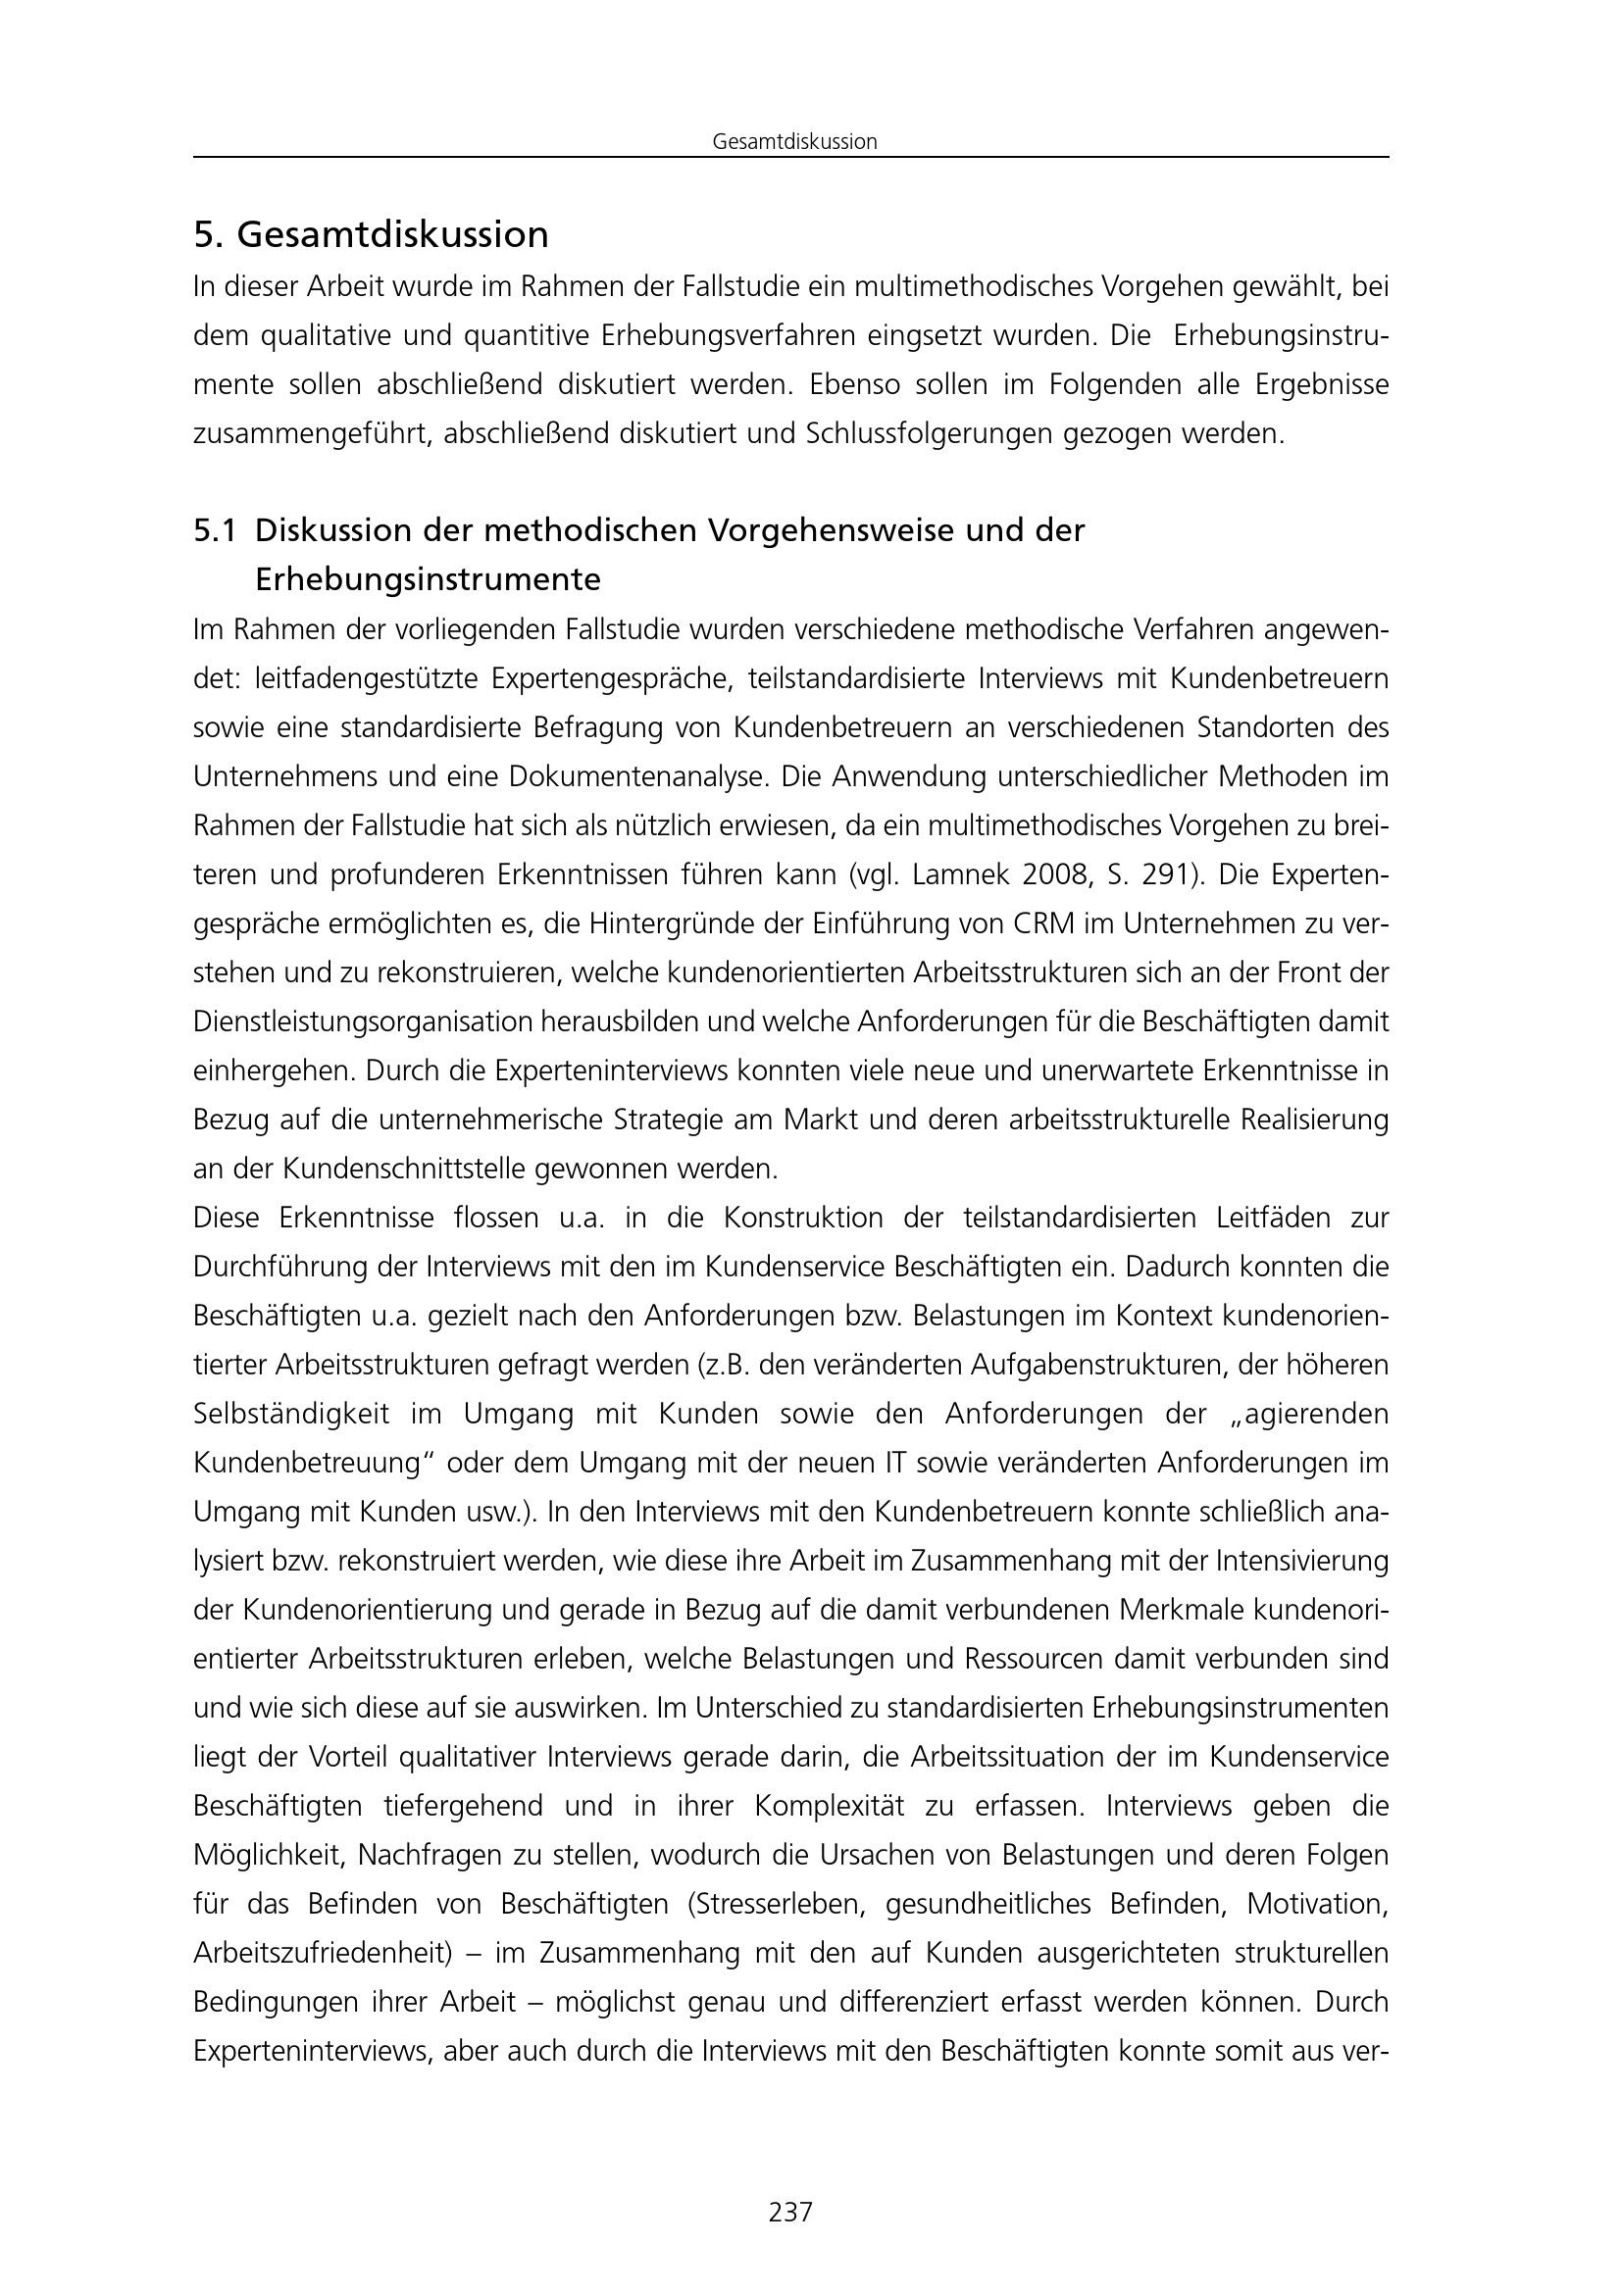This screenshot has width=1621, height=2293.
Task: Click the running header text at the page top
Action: pos(795,142)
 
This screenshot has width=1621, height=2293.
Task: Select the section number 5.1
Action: pos(215,530)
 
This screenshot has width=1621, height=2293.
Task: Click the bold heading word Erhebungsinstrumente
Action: pos(428,579)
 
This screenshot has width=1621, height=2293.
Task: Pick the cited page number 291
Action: pos(1176,875)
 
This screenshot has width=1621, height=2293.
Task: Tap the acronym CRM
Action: pos(1046,924)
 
